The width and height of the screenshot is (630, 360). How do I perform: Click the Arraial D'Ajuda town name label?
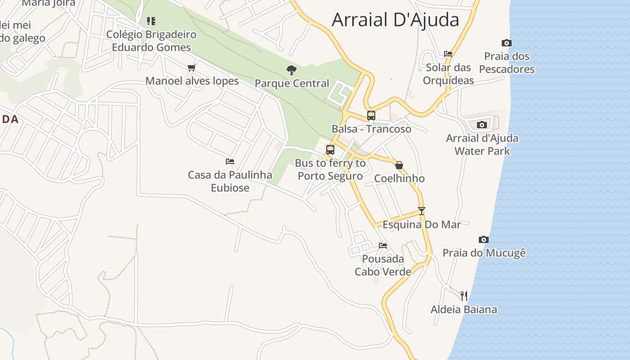pyautogui.click(x=395, y=20)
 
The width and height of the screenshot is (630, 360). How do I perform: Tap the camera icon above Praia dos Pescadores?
pyautogui.click(x=507, y=43)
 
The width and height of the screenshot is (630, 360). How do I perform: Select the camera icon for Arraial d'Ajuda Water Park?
pyautogui.click(x=482, y=125)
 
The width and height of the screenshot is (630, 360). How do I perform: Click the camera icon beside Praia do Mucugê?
pyautogui.click(x=484, y=239)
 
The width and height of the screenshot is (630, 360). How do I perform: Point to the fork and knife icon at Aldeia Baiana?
pyautogui.click(x=464, y=296)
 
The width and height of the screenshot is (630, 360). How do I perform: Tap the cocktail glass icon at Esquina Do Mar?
pyautogui.click(x=422, y=211)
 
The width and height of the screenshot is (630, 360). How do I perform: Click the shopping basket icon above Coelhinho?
pyautogui.click(x=399, y=165)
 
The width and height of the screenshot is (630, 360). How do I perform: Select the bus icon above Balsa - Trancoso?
pyautogui.click(x=371, y=116)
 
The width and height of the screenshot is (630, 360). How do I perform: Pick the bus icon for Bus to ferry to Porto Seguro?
pyautogui.click(x=330, y=150)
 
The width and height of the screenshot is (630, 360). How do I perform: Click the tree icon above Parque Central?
pyautogui.click(x=292, y=70)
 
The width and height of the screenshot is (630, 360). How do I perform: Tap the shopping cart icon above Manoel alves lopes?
pyautogui.click(x=192, y=68)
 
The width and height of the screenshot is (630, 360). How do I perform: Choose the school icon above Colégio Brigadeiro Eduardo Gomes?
pyautogui.click(x=151, y=21)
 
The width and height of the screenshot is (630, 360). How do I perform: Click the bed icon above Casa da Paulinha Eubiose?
pyautogui.click(x=230, y=161)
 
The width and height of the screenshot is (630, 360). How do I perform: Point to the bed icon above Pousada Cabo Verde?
pyautogui.click(x=383, y=246)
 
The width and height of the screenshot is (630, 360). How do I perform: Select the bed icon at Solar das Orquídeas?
pyautogui.click(x=448, y=54)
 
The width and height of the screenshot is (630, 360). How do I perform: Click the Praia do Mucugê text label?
pyautogui.click(x=484, y=253)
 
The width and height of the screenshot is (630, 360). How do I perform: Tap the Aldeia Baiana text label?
pyautogui.click(x=463, y=310)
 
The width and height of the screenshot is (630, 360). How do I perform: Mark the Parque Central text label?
pyautogui.click(x=292, y=83)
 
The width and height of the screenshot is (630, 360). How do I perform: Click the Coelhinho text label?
pyautogui.click(x=399, y=179)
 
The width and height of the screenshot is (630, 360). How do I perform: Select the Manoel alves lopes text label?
pyautogui.click(x=192, y=81)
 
